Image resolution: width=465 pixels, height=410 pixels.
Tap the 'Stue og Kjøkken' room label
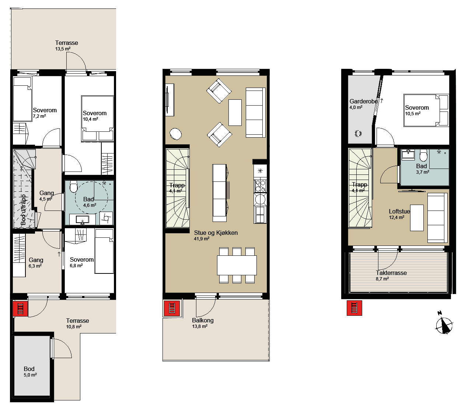pyautogui.click(x=216, y=233)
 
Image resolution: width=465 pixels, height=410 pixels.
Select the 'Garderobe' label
pyautogui.click(x=364, y=101)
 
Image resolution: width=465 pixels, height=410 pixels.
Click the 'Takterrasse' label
pyautogui.click(x=391, y=273)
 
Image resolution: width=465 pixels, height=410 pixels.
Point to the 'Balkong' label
pyautogui.click(x=203, y=321)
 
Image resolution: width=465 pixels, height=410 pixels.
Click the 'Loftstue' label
pyautogui.click(x=399, y=211)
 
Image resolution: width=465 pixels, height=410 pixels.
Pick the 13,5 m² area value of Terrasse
pyautogui.click(x=63, y=49)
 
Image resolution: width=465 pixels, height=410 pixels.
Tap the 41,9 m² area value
pyautogui.click(x=202, y=239)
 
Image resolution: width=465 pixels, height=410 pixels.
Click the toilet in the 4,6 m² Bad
pyautogui.click(x=73, y=187)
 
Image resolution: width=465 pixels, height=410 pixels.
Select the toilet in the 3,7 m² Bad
pyautogui.click(x=423, y=155)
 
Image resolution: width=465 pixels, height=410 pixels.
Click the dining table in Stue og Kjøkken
pyautogui.click(x=237, y=265)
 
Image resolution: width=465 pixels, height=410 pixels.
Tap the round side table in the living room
pyautogui.click(x=176, y=134)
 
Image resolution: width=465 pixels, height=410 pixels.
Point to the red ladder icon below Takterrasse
pyautogui.click(x=354, y=308)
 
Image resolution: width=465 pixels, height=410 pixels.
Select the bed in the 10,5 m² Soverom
pyautogui.click(x=426, y=110)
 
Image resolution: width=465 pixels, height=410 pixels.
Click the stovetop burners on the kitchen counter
pyautogui.click(x=260, y=186)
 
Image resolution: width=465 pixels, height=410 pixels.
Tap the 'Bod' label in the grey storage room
pyautogui.click(x=29, y=369)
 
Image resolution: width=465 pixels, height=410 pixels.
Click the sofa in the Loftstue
pyautogui.click(x=437, y=218)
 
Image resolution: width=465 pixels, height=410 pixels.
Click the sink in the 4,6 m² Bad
pyautogui.click(x=83, y=220)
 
